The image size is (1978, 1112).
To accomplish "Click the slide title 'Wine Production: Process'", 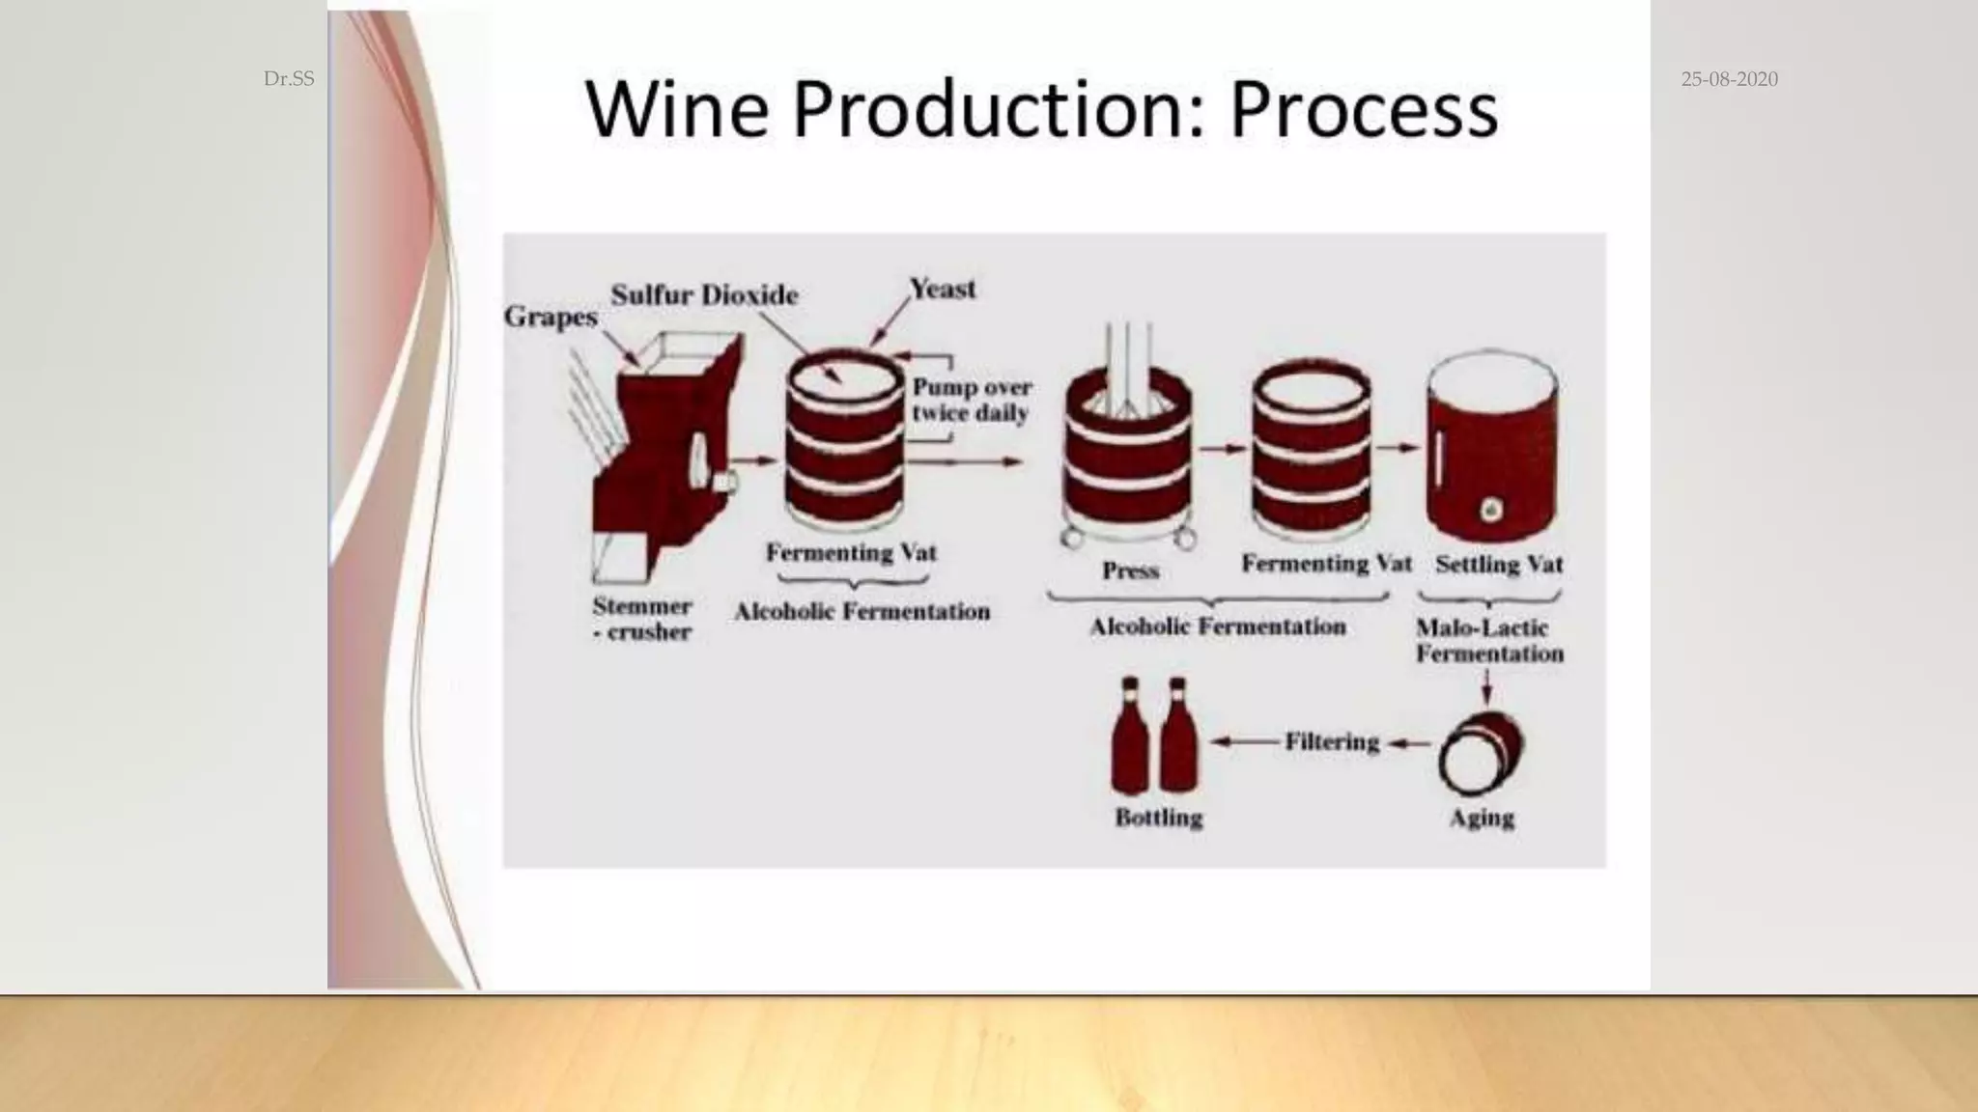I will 1041,108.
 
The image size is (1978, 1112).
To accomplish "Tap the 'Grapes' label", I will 551,317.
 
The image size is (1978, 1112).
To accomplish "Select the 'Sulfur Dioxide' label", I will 704,294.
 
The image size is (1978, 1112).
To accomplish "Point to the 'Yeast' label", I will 943,289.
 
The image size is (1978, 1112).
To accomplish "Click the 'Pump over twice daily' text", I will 972,400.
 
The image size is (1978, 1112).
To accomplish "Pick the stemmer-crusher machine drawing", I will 666,444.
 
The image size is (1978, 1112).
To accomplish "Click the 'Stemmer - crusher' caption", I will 642,619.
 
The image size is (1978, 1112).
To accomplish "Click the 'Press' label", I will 1130,570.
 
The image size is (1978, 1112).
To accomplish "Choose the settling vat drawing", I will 1491,449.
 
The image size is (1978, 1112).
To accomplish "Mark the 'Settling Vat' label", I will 1498,564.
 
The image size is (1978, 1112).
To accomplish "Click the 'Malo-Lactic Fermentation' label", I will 1488,640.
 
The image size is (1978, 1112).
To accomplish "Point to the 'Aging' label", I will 1482,818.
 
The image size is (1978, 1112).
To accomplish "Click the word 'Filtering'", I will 1332,741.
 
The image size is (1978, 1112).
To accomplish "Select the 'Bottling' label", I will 1158,818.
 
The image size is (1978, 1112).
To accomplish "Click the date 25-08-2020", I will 1729,79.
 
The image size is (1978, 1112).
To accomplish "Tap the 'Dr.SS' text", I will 289,79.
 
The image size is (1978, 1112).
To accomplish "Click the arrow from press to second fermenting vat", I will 1222,448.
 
